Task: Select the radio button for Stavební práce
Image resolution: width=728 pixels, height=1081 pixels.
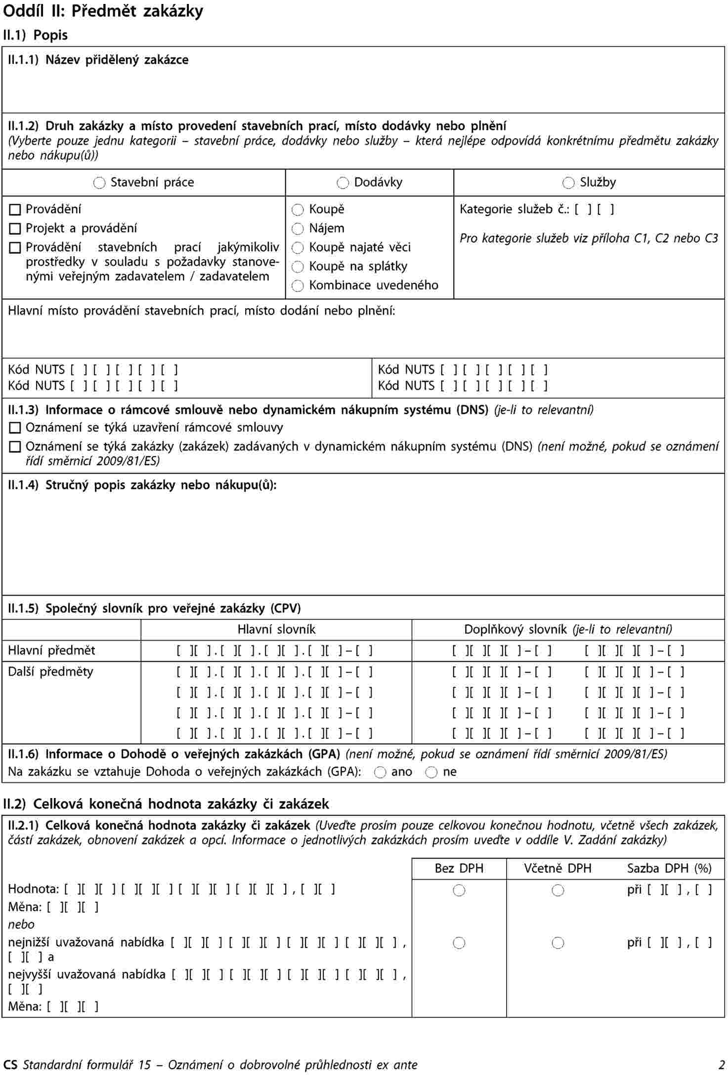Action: pos(99,183)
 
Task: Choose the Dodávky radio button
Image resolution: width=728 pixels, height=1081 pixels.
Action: pos(343,183)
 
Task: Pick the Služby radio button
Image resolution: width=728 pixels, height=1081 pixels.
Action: pos(568,183)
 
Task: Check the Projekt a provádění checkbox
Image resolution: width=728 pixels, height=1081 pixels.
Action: pos(15,229)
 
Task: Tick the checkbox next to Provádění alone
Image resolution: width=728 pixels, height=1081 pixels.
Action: pos(15,210)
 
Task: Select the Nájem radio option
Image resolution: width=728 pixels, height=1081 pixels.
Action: pos(298,229)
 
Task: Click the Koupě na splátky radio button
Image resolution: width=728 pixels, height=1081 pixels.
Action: pos(298,267)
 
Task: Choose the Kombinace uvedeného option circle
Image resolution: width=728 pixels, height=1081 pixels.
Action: pos(298,286)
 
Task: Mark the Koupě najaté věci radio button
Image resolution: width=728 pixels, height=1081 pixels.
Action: pos(298,248)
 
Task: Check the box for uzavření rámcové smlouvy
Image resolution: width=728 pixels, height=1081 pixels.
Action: pos(15,428)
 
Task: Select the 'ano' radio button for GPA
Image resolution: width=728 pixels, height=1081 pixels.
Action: pos(380,772)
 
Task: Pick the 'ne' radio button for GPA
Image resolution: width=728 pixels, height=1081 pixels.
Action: pos(431,772)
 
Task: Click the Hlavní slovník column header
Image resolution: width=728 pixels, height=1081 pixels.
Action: pos(276,630)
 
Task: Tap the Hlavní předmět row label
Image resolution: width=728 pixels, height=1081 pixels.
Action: pos(51,650)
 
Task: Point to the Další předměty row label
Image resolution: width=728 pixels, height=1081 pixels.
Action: pos(50,672)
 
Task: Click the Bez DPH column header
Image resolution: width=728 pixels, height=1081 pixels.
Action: pos(459,868)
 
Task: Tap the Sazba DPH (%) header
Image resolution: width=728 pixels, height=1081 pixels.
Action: pos(669,868)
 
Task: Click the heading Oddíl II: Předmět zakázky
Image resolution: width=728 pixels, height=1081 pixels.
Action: pos(103,11)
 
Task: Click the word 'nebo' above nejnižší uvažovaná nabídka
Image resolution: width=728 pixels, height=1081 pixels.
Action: pos(21,924)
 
